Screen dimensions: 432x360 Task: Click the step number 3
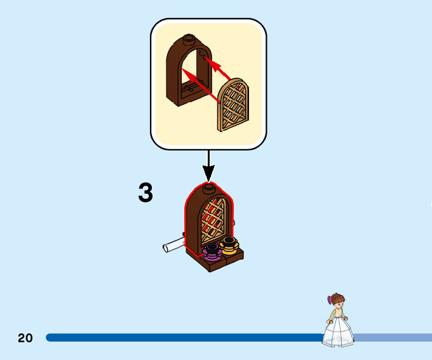pyautogui.click(x=145, y=193)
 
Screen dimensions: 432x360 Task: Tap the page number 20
pyautogui.click(x=25, y=338)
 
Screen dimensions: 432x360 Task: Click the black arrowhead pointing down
pyautogui.click(x=208, y=171)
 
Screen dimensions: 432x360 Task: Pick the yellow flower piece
pyautogui.click(x=228, y=244)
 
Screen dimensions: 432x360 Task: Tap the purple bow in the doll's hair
pyautogui.click(x=330, y=298)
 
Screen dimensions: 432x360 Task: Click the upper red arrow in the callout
pyautogui.click(x=219, y=67)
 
